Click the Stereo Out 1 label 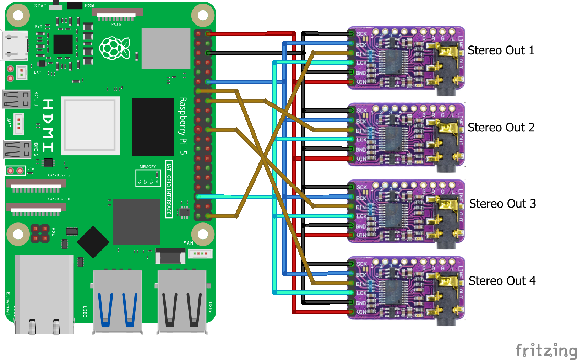click(501, 50)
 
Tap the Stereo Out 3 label click(502, 204)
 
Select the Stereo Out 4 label click(502, 281)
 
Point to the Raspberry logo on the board click(114, 48)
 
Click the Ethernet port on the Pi click(44, 295)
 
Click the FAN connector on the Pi click(200, 253)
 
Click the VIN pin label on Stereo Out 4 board click(361, 312)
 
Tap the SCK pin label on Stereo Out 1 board click(361, 34)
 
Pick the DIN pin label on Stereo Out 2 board click(361, 131)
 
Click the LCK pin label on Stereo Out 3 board click(361, 216)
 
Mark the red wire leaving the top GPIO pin click(249, 34)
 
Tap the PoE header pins click(40, 233)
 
